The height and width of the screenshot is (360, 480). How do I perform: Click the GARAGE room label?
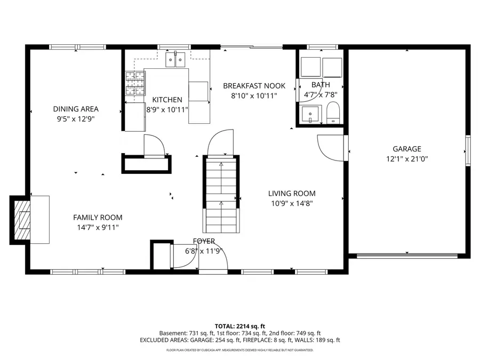click(x=407, y=149)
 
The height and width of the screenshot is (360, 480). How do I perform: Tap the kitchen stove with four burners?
click(x=135, y=83)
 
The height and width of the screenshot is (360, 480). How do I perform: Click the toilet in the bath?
click(x=333, y=113)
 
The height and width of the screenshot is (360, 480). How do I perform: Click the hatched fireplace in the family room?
click(x=23, y=219)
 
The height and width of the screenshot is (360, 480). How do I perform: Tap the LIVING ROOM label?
click(x=292, y=194)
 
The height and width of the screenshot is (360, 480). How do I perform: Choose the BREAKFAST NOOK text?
click(x=254, y=86)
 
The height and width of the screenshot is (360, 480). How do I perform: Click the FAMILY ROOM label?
click(x=98, y=218)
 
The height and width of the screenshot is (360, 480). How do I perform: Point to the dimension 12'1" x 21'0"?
click(x=407, y=159)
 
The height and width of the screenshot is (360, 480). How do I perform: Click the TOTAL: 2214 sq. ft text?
click(x=239, y=325)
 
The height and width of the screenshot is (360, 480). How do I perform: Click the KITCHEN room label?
click(x=167, y=100)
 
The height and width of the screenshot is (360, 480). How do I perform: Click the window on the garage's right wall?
click(x=468, y=151)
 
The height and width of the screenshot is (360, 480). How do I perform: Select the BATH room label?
click(x=321, y=85)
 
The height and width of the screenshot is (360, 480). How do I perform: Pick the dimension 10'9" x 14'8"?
click(x=292, y=203)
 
